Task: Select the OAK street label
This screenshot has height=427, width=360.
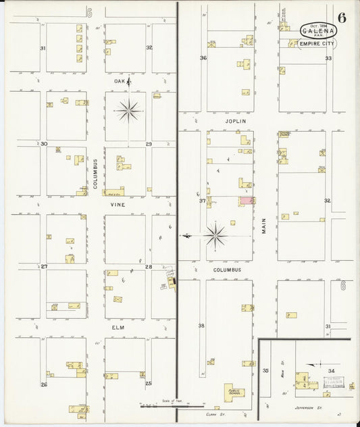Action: tap(120, 81)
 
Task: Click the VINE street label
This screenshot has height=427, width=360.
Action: tap(119, 203)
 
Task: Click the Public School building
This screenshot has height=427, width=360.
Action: tap(235, 391)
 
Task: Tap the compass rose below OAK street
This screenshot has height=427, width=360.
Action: tap(128, 109)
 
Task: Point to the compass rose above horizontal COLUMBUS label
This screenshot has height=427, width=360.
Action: tap(216, 235)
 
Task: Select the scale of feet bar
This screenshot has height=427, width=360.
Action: tap(155, 407)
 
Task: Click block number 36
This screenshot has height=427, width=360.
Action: tap(203, 58)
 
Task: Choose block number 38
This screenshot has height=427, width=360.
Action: tap(201, 326)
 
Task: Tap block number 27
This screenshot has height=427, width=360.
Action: tap(44, 267)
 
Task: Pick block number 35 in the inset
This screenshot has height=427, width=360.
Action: tap(265, 371)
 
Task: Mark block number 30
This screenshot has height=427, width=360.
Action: tap(44, 143)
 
